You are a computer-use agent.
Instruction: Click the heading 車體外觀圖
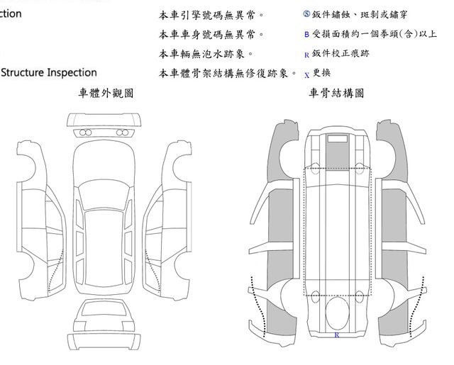coord(106,93)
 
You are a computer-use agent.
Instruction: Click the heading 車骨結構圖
coord(336,93)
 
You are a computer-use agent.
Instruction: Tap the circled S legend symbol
coord(306,14)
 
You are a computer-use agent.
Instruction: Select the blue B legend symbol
coord(306,34)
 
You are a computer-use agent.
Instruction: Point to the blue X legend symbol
coord(306,74)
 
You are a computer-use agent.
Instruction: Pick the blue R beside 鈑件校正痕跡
coord(306,54)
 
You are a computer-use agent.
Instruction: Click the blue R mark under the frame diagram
coord(336,333)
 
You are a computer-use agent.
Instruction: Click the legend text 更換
coord(322,72)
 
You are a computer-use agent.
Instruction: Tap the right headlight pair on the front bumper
coord(126,133)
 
